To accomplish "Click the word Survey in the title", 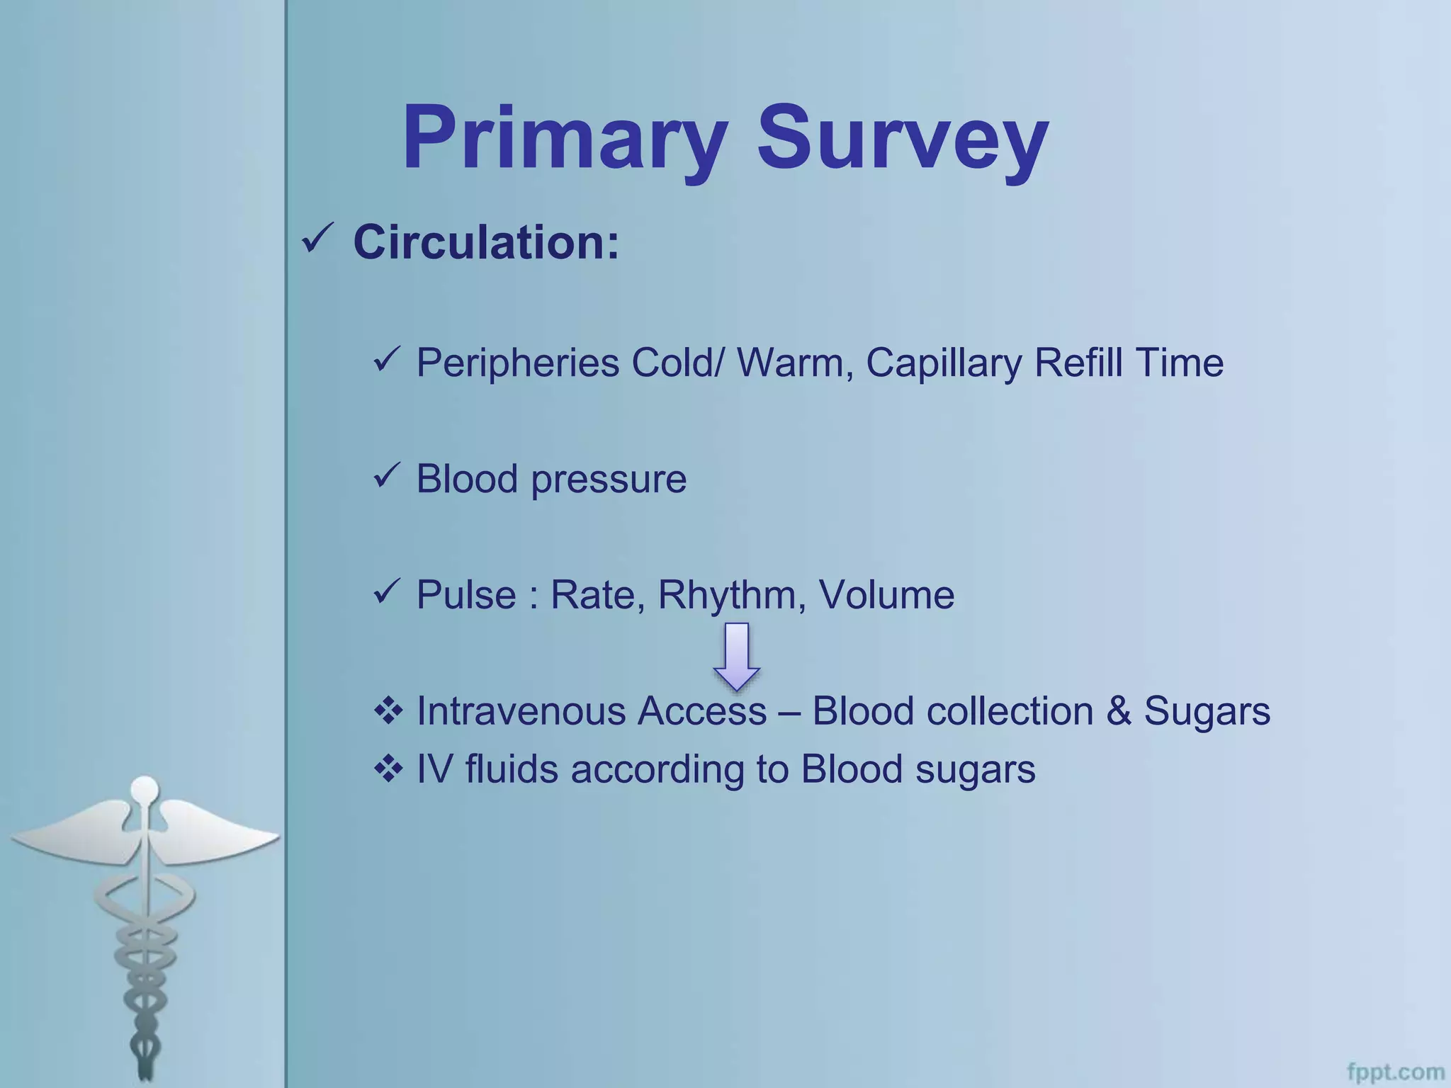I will point(902,138).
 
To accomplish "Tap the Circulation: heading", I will point(486,243).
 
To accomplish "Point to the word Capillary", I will point(942,363).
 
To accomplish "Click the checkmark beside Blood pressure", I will point(388,476).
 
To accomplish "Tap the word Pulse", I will point(465,595).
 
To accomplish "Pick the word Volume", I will point(886,595).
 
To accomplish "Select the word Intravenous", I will point(521,711).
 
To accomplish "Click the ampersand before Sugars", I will point(1119,711).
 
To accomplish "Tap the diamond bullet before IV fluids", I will point(388,769).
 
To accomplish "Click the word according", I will point(657,770).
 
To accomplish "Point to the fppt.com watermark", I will point(1395,1072).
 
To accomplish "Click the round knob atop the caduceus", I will point(145,788).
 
